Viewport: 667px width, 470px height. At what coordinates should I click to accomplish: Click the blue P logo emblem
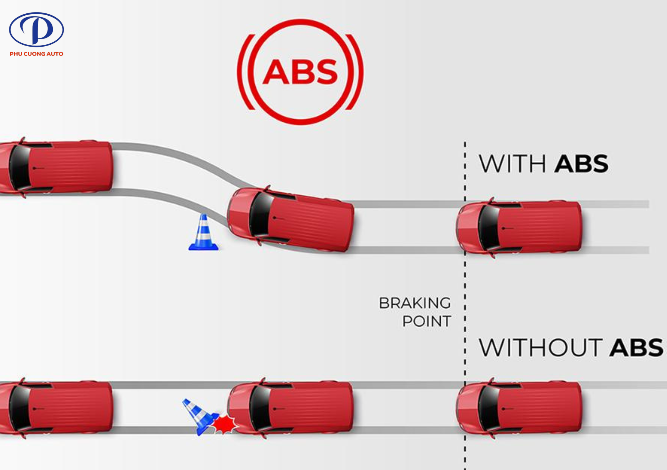[36, 29]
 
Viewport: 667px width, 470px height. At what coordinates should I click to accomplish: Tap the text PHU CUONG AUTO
[36, 54]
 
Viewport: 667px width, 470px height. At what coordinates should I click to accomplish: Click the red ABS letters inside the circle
[300, 72]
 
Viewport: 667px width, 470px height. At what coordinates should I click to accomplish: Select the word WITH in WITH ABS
[512, 164]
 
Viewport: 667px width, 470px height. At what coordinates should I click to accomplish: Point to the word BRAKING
[415, 303]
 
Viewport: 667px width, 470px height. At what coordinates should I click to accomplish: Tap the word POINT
[427, 321]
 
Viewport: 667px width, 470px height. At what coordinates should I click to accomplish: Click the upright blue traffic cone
[204, 233]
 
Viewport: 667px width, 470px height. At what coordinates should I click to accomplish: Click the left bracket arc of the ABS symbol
[244, 72]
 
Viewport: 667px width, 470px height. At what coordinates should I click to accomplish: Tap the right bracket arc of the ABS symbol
[356, 72]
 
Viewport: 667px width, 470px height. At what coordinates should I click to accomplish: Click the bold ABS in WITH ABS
[581, 164]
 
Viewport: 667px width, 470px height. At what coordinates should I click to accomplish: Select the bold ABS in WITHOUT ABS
[636, 348]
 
